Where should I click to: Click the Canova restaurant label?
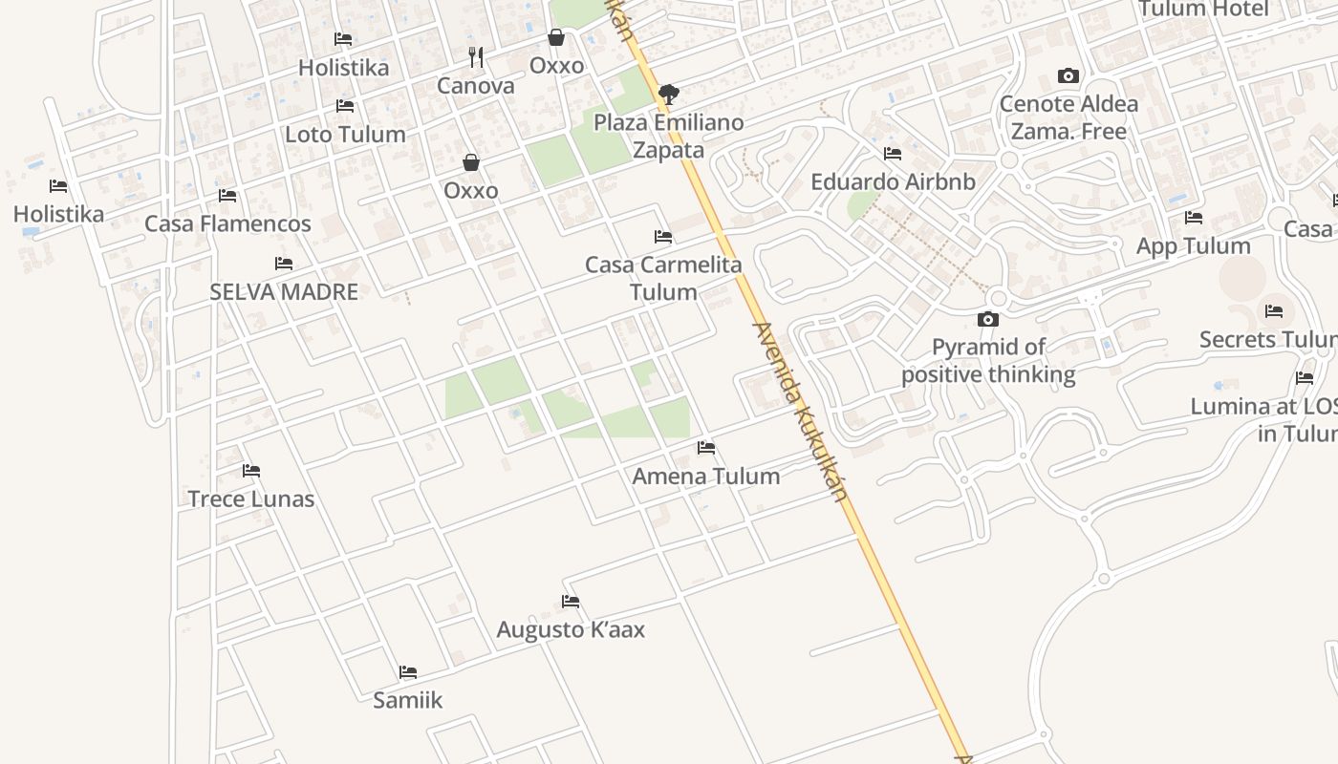coord(475,86)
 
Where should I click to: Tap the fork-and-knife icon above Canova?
coord(476,57)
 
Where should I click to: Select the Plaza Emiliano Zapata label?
coord(668,137)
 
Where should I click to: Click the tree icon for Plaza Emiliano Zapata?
coord(669,94)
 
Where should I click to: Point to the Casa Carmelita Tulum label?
coord(663,278)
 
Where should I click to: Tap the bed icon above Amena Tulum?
coord(706,447)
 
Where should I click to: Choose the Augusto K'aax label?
coord(571,630)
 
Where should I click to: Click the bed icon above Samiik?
coord(408,671)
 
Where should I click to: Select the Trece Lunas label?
coord(250,499)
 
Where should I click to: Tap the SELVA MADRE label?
coord(284,292)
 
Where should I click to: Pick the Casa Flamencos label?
coord(227,223)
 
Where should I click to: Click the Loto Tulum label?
coord(345,135)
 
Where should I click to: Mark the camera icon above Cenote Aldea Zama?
coord(1068,75)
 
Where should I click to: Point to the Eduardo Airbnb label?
coord(893,181)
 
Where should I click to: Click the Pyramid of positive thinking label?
coord(988,360)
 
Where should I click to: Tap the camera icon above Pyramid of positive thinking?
coord(988,319)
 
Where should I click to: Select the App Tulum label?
coord(1193,245)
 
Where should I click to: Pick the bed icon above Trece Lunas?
coord(251,470)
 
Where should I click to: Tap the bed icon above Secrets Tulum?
coord(1274,310)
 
